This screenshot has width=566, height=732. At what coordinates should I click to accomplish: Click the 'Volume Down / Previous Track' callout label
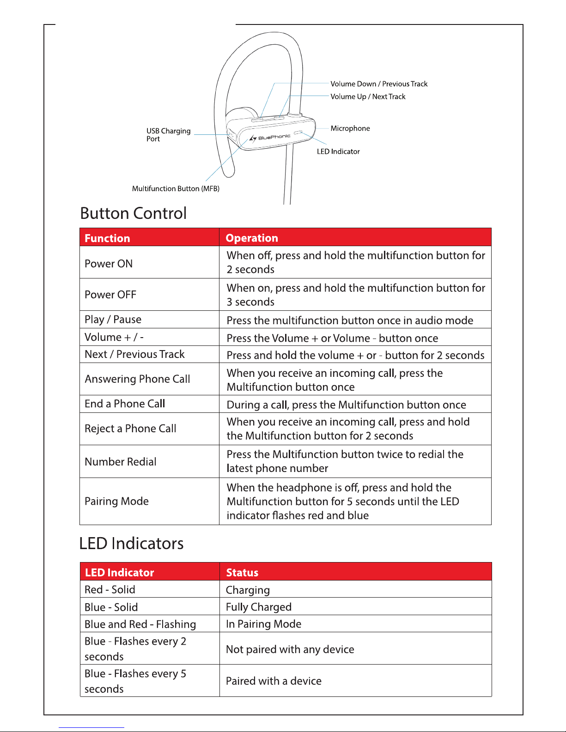tap(379, 84)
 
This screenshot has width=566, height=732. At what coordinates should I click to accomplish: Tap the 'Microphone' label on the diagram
tap(350, 128)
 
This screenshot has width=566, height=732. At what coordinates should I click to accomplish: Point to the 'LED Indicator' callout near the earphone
tap(338, 151)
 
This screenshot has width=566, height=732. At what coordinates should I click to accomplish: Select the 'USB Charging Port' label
tap(168, 134)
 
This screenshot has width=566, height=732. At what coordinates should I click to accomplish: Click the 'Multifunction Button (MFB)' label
tap(176, 188)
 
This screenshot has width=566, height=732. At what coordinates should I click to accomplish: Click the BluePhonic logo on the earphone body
tap(270, 138)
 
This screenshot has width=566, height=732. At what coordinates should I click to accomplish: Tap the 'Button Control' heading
tap(133, 213)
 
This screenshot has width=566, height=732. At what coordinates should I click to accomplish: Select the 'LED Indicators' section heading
tap(131, 544)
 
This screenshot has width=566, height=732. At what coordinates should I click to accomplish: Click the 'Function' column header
tap(107, 238)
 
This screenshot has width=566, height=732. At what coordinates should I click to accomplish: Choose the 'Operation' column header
tap(252, 238)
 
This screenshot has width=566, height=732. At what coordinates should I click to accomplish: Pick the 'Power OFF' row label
tap(110, 295)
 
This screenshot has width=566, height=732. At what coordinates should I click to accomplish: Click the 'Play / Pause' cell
tap(113, 320)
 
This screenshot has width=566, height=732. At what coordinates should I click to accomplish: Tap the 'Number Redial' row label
tap(121, 462)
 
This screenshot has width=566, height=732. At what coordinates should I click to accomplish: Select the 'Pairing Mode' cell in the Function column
tap(117, 502)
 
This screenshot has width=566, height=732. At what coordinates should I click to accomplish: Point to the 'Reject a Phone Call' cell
tap(130, 429)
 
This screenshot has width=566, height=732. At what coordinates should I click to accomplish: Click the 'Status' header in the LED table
tap(242, 573)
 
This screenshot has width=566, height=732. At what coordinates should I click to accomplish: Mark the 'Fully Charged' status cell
tap(259, 607)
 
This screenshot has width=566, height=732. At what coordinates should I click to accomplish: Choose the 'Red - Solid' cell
tap(110, 590)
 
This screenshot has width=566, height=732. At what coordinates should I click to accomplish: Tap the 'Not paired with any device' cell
tap(290, 649)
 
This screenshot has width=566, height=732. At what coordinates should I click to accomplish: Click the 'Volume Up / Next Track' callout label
tap(368, 97)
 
